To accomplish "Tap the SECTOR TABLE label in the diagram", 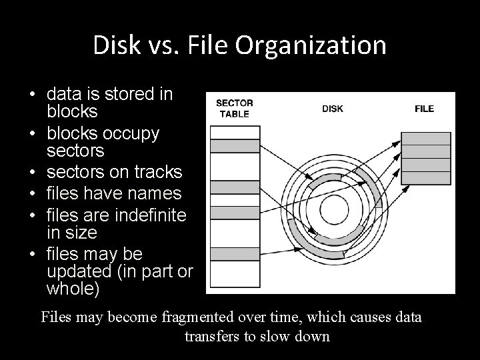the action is click(234, 109).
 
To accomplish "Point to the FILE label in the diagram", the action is click(424, 109).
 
